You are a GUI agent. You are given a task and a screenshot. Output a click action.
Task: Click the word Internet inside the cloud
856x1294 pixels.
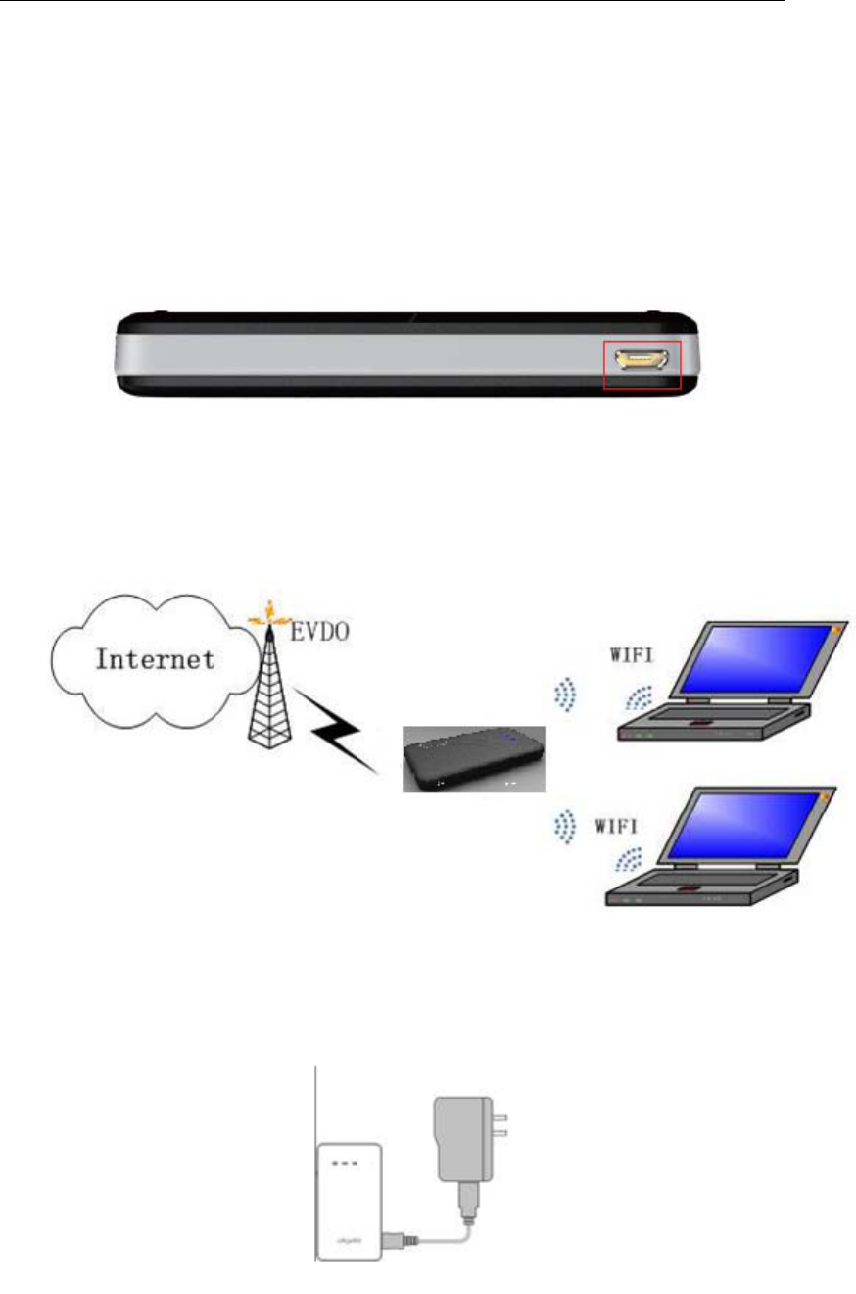(x=155, y=658)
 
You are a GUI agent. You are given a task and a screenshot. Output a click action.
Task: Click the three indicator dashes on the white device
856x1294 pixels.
(x=348, y=1164)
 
